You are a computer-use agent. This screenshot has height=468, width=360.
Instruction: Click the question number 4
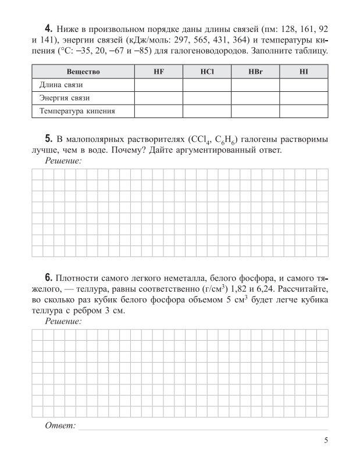(48, 28)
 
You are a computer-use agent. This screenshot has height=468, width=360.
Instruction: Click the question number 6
(48, 276)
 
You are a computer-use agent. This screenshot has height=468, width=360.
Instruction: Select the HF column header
(158, 72)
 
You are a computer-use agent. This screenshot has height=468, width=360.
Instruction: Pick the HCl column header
(206, 72)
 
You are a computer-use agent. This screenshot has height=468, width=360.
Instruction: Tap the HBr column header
(255, 72)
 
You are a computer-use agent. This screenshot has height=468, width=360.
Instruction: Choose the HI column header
(304, 72)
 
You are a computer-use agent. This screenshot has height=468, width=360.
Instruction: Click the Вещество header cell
(83, 72)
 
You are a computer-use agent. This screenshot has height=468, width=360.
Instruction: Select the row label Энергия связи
(65, 98)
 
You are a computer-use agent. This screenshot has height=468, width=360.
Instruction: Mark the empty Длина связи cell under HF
(158, 85)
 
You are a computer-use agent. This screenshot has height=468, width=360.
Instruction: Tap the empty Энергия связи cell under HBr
(255, 98)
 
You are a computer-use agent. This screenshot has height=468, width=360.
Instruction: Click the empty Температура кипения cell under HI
(304, 110)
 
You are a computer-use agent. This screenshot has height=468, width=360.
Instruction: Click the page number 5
(326, 441)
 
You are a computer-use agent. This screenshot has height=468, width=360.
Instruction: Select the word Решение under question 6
(63, 320)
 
